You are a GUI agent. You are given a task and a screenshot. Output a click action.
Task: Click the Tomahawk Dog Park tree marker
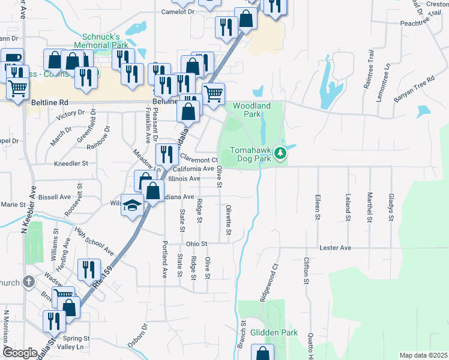pos(280,155)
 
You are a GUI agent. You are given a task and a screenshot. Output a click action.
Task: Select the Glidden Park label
pos(274,332)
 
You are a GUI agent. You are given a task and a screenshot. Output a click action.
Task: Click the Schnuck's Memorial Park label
pos(100,40)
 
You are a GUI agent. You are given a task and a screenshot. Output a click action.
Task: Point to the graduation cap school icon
pos(131,205)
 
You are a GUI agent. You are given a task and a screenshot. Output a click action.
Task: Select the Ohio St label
pos(196,244)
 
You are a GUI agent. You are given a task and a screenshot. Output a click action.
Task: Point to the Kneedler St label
pos(71,163)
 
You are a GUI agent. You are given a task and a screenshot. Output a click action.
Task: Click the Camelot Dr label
pos(178,11)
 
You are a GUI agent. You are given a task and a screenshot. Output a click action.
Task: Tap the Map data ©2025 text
pos(423,355)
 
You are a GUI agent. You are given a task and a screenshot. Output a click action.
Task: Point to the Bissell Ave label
pos(54,197)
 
